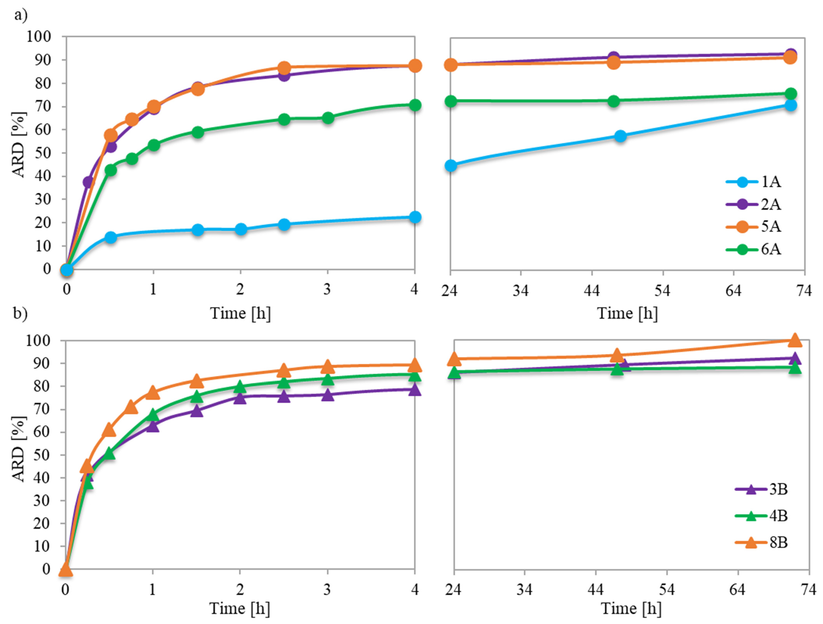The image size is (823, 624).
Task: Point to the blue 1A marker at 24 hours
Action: pyautogui.click(x=450, y=166)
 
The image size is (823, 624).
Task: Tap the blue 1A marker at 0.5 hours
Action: pyautogui.click(x=110, y=237)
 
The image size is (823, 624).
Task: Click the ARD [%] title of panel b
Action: pyautogui.click(x=19, y=449)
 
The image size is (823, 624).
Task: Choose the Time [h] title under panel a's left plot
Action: pyautogui.click(x=240, y=313)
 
